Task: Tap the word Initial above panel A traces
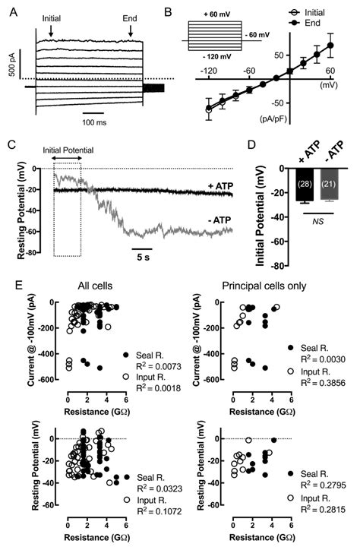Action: point(51,17)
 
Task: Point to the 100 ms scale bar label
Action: point(95,122)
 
